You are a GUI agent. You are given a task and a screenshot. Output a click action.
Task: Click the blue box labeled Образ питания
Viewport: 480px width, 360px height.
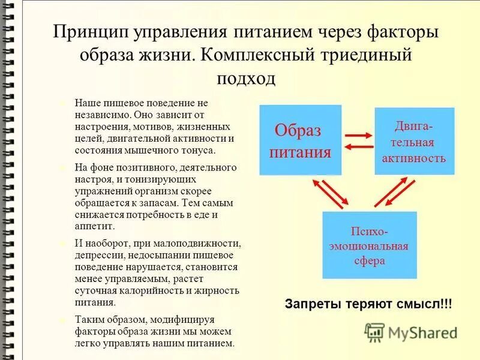pos(300,140)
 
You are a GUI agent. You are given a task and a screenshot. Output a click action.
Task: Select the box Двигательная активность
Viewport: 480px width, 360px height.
pos(415,142)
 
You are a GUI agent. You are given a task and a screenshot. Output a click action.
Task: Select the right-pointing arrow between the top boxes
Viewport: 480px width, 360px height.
pos(358,134)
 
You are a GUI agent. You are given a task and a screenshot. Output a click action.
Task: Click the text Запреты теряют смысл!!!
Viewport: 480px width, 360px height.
pos(368,304)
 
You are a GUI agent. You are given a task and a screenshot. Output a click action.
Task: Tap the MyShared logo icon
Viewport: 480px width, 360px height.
pos(375,332)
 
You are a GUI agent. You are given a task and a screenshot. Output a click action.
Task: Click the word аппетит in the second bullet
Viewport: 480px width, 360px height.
pos(94,226)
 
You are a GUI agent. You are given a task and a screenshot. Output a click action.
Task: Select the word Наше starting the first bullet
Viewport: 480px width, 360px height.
pos(86,103)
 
